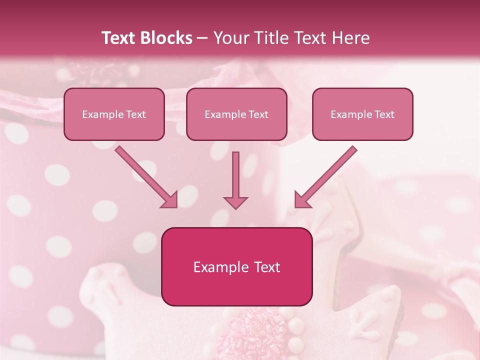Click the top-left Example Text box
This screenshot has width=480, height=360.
114,114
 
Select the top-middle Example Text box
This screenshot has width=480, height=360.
236,114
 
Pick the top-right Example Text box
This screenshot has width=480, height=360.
362,114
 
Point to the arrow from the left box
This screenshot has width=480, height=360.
145,176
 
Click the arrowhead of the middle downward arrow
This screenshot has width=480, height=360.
235,202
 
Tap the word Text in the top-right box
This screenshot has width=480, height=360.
384,114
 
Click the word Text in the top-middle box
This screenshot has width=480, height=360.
258,114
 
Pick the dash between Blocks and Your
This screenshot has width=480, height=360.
202,38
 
